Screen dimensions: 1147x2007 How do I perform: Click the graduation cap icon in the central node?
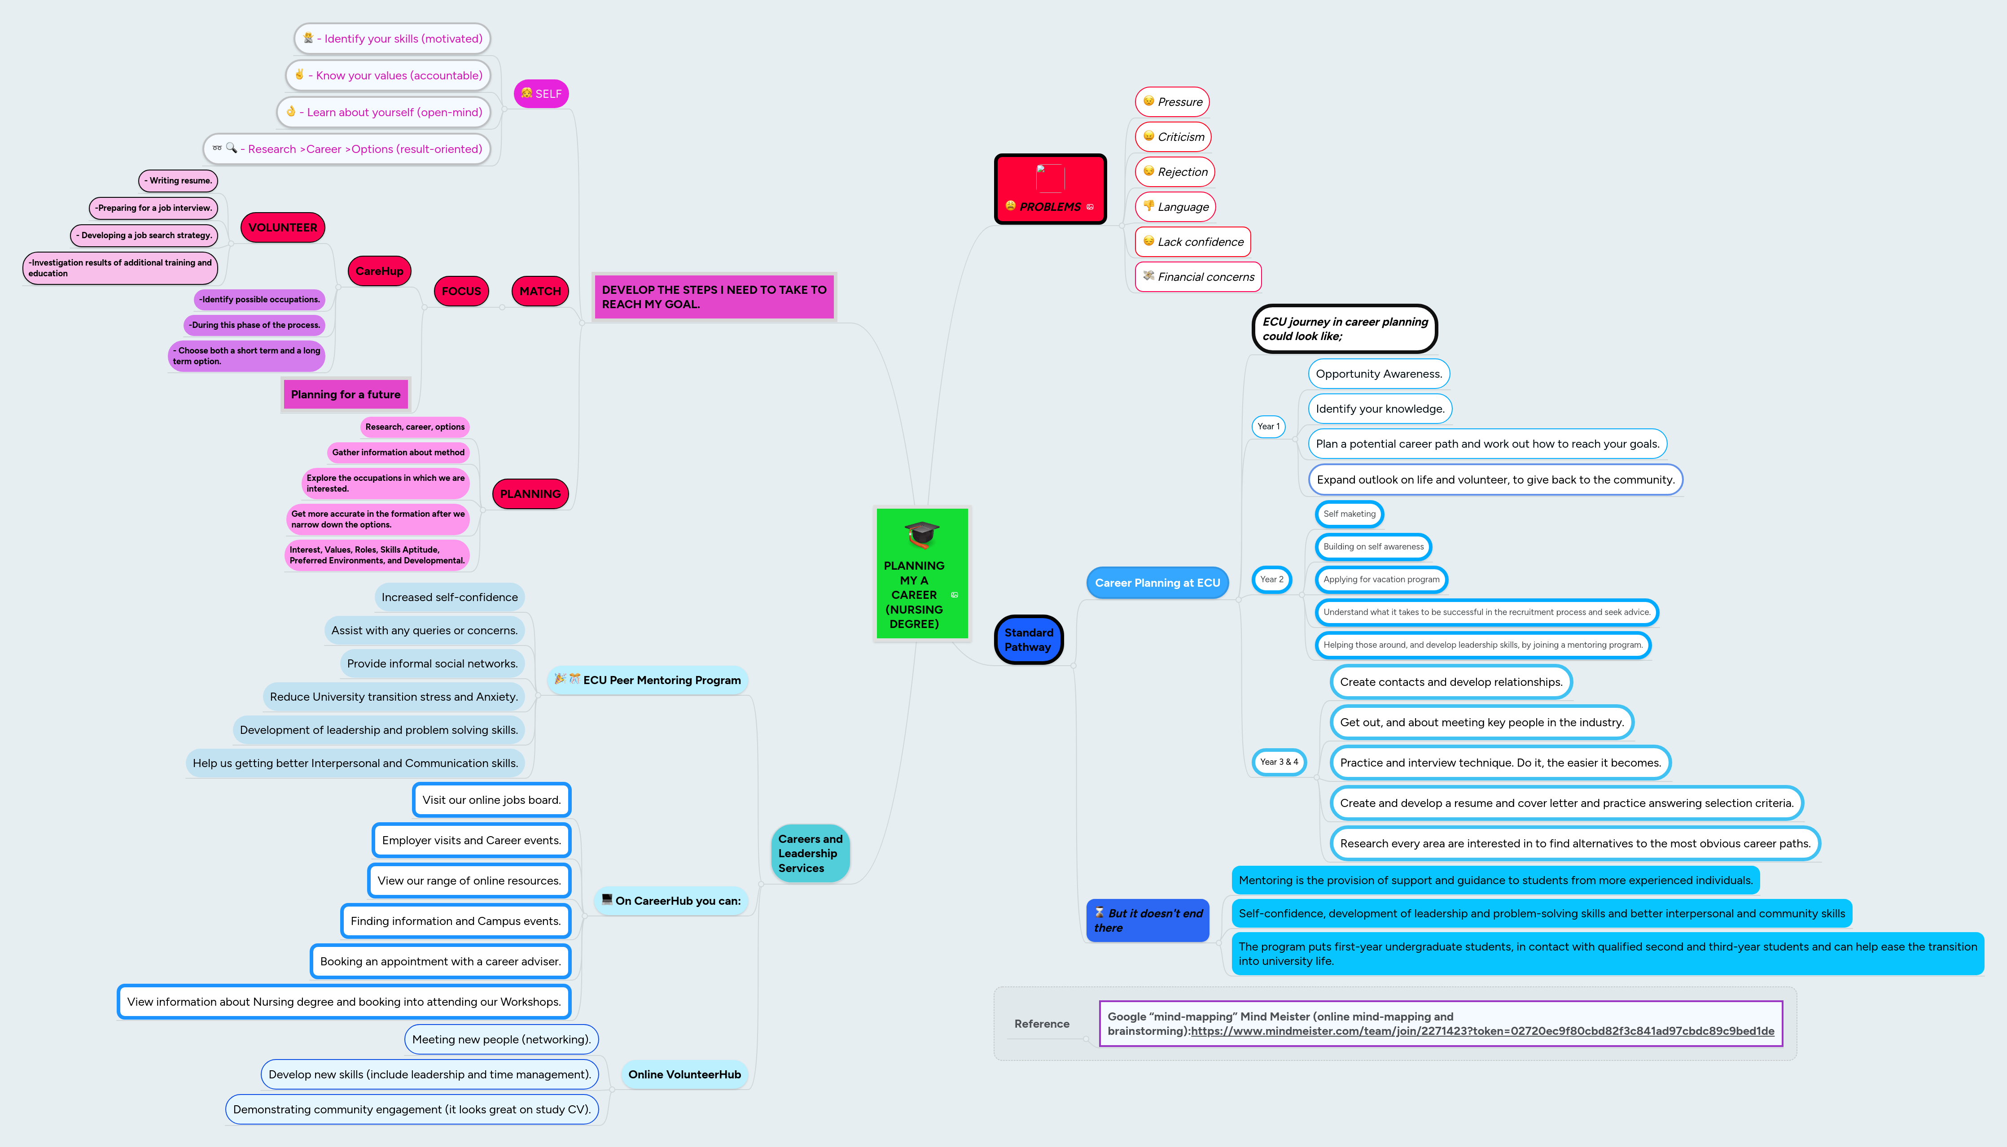pos(921,533)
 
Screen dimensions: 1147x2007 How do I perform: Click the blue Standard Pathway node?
pos(1028,640)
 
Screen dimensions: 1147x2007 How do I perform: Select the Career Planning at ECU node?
pos(1157,583)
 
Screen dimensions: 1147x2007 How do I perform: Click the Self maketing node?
pos(1349,514)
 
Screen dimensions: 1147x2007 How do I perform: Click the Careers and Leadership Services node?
pos(810,853)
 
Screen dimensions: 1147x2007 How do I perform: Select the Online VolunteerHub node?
pos(684,1074)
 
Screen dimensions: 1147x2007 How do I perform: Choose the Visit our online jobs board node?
pos(491,800)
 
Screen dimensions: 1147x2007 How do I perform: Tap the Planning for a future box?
pos(345,395)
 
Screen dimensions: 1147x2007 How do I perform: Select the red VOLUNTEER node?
pos(282,228)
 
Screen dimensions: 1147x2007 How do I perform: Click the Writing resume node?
pos(178,180)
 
